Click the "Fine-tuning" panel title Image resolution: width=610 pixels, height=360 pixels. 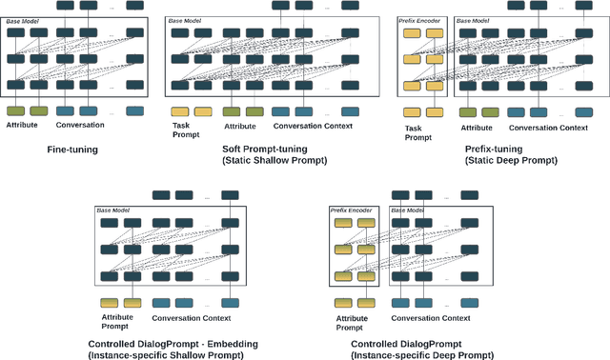(x=73, y=150)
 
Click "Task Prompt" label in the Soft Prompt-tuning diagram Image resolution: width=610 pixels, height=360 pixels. (x=185, y=130)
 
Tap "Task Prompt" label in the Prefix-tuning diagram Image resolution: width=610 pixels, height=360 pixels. (x=418, y=132)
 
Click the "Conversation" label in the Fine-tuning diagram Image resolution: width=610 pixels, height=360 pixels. (x=80, y=126)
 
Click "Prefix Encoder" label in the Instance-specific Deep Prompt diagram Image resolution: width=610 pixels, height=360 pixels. (x=350, y=210)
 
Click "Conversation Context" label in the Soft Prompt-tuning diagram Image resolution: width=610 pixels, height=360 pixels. (x=313, y=126)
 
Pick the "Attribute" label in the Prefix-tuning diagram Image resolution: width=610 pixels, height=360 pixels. (x=477, y=127)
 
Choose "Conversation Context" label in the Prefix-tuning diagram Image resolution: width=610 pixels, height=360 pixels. (x=548, y=127)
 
